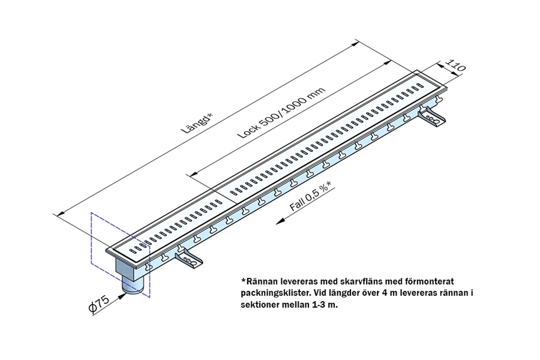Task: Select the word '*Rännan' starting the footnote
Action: click(x=259, y=281)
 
